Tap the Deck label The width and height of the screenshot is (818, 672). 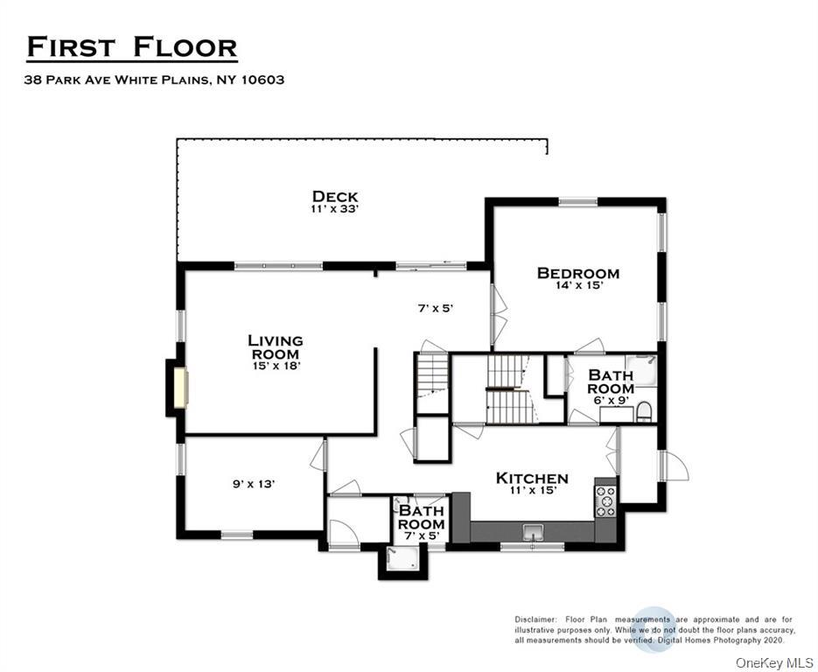click(335, 196)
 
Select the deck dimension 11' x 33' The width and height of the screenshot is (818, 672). click(335, 209)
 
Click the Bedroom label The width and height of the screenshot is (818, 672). click(577, 273)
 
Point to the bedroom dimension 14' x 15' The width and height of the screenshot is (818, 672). click(577, 285)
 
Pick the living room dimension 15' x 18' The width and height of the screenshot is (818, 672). click(275, 366)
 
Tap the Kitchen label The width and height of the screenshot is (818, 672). click(532, 478)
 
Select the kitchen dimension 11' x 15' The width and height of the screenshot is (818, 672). click(532, 490)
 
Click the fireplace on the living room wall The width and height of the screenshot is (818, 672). click(179, 388)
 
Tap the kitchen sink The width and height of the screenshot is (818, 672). click(532, 531)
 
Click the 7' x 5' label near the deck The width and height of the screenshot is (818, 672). click(434, 308)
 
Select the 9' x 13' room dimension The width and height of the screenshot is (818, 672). click(254, 483)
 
